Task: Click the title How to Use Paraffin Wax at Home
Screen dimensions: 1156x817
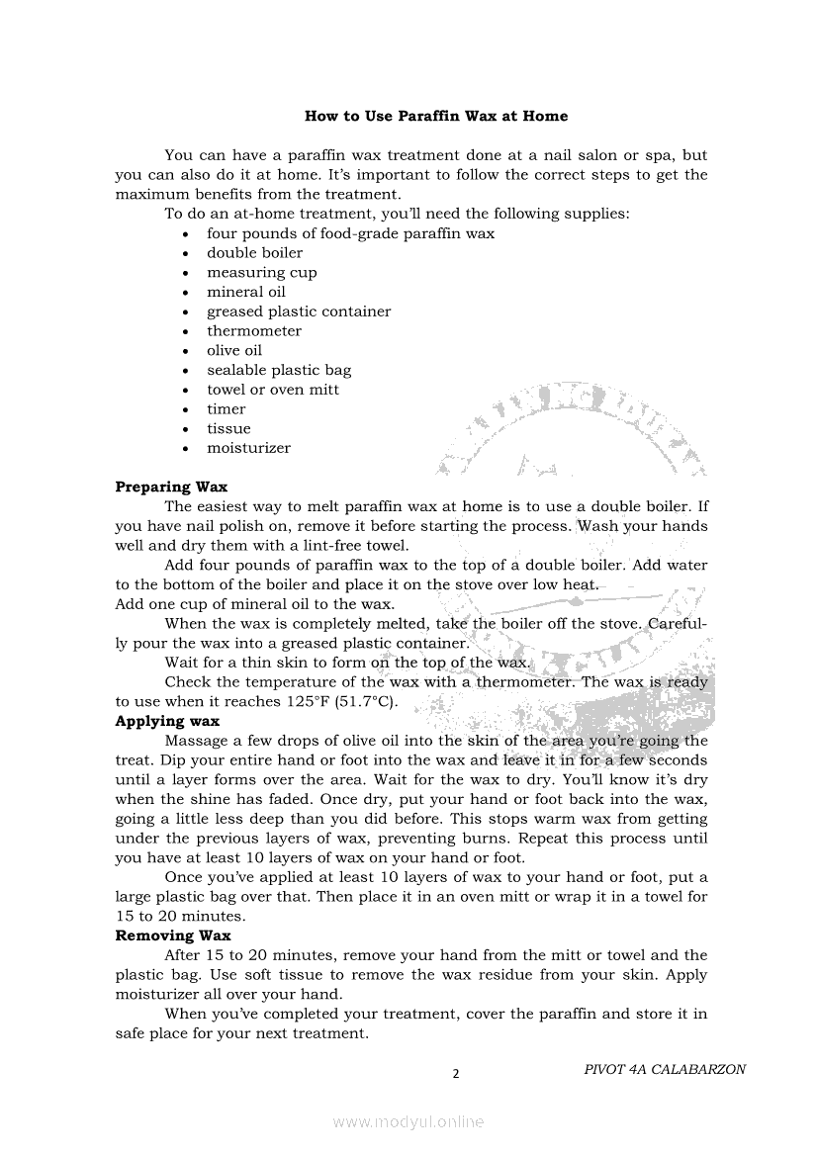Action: tap(436, 116)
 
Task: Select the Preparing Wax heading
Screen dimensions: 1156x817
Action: tap(171, 487)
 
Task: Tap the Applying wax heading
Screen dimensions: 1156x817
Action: tap(167, 721)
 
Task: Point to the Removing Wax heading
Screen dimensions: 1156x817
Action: tap(173, 935)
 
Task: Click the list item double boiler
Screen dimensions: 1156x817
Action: tap(254, 253)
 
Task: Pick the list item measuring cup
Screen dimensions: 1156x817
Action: tap(261, 273)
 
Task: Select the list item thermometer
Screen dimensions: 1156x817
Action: tap(253, 331)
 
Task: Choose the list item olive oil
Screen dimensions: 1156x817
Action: tap(234, 351)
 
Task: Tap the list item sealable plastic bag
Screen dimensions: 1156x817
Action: tap(278, 370)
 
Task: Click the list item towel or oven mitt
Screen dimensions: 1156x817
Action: tap(272, 390)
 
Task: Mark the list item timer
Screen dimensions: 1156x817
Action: tap(226, 409)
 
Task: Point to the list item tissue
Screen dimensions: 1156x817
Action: tap(228, 428)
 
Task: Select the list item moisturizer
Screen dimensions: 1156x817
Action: tap(248, 448)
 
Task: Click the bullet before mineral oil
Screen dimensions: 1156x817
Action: tap(186, 293)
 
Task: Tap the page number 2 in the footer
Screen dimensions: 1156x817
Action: tap(456, 1074)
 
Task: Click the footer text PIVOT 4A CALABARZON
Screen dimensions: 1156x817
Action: tap(665, 1069)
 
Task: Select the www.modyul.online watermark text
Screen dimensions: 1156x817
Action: tap(408, 1121)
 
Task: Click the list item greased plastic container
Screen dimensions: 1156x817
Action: tap(298, 311)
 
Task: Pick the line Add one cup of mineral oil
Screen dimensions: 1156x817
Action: tap(254, 604)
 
